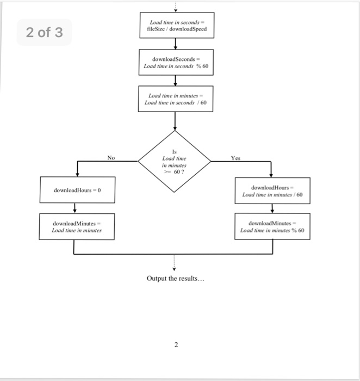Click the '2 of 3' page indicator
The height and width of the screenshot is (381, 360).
[45, 33]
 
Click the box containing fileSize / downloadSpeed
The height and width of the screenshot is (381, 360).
[175, 26]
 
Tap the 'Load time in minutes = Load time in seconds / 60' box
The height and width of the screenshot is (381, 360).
[175, 99]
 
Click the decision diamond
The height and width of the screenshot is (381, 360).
[175, 161]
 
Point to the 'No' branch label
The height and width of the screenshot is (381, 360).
[111, 158]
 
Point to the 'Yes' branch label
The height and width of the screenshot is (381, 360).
[235, 158]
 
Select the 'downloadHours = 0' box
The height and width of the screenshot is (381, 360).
[77, 190]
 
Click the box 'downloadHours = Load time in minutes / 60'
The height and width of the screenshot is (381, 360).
[272, 190]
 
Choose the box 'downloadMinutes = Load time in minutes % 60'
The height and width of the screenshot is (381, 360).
[272, 226]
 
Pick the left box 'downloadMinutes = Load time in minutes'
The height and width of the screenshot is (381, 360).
[77, 226]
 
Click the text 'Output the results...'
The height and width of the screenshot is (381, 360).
[175, 279]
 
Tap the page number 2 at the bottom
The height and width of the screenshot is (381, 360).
[176, 345]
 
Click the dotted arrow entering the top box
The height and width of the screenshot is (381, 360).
[175, 7]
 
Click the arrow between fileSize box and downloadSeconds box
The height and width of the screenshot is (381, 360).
[175, 44]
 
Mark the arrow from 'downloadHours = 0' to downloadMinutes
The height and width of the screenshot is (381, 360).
[75, 208]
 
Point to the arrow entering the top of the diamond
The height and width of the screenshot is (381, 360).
[175, 121]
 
